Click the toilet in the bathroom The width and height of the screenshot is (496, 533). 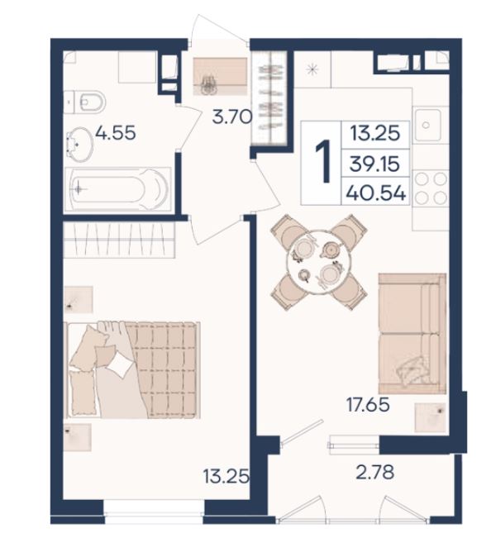pyautogui.click(x=84, y=102)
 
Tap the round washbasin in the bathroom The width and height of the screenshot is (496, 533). pyautogui.click(x=79, y=143)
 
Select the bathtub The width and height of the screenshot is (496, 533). pyautogui.click(x=117, y=189)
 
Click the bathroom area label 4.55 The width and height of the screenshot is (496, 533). pyautogui.click(x=116, y=132)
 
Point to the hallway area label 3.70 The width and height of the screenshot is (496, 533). pyautogui.click(x=232, y=117)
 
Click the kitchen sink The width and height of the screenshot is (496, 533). pyautogui.click(x=427, y=125)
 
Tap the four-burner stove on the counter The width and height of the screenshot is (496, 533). pyautogui.click(x=431, y=188)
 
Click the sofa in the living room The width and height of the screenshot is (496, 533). pyautogui.click(x=412, y=333)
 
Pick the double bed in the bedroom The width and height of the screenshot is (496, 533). pyautogui.click(x=133, y=369)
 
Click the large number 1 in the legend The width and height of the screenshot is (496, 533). pyautogui.click(x=323, y=161)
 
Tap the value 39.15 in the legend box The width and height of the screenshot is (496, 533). pyautogui.click(x=374, y=164)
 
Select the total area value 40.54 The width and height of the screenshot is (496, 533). pyautogui.click(x=375, y=193)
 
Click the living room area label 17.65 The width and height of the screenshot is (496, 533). pyautogui.click(x=368, y=405)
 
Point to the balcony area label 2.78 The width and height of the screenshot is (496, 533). pyautogui.click(x=375, y=472)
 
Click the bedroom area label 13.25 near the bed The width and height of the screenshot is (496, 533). pyautogui.click(x=226, y=476)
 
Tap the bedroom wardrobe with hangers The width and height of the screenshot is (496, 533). pyautogui.click(x=119, y=239)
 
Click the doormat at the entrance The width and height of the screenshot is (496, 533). pyautogui.click(x=220, y=77)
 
